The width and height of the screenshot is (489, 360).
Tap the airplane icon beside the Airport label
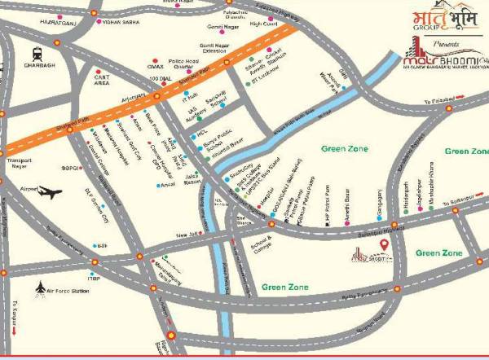50,193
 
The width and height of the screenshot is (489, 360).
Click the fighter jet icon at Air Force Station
42,287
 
